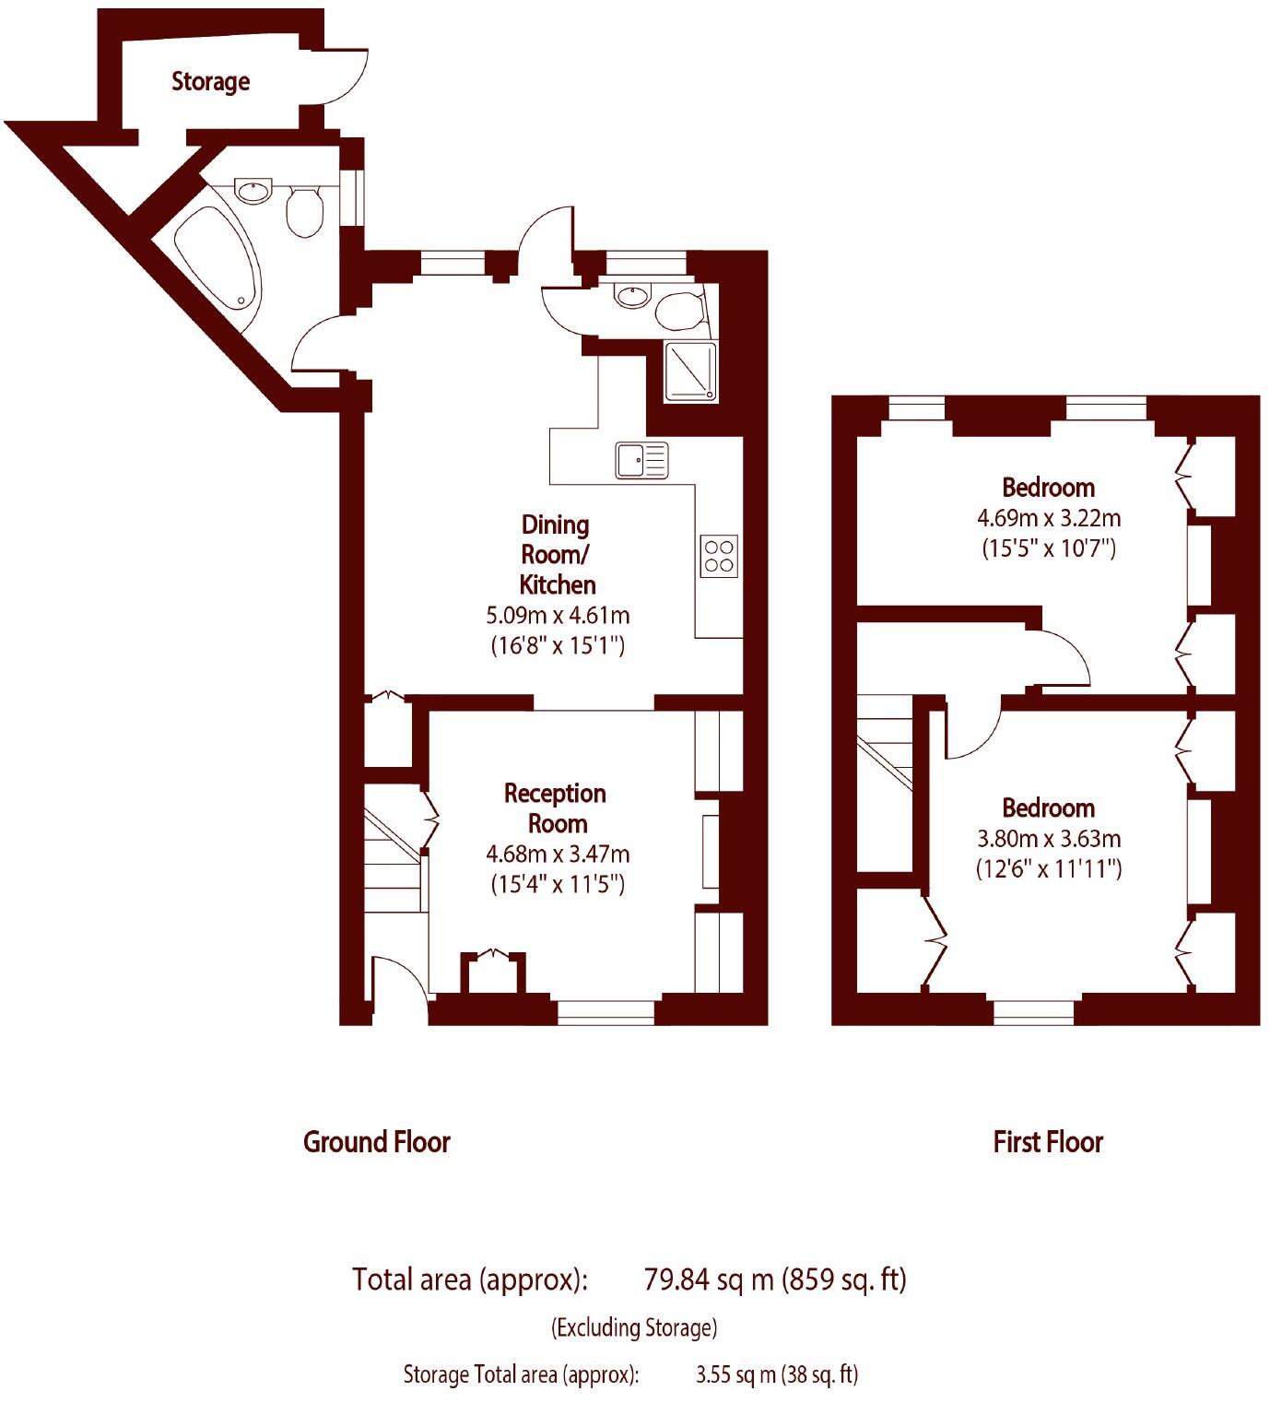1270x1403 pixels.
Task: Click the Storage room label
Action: coord(210,81)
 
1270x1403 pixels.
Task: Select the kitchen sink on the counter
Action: coord(641,460)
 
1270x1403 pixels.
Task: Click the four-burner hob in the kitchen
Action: coord(719,556)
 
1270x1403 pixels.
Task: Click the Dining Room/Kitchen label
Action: coord(557,554)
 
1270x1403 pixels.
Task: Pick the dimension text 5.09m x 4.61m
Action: coord(558,615)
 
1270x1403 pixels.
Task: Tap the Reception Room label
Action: coord(556,808)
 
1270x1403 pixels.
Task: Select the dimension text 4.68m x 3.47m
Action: coord(558,855)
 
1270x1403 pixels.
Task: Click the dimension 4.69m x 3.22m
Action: coord(1049,518)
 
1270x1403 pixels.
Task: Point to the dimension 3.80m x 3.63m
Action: coord(1049,839)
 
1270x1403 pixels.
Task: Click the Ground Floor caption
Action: coord(377,1142)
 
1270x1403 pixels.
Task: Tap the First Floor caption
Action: coord(1048,1142)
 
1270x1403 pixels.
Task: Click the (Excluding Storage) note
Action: coord(634,1327)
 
